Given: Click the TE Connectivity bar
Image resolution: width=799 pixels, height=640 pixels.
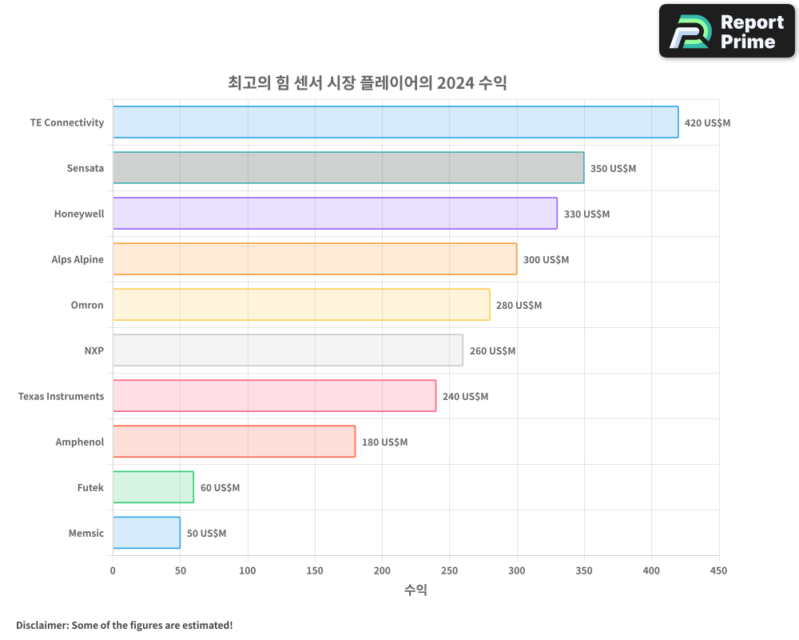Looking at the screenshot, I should tap(395, 122).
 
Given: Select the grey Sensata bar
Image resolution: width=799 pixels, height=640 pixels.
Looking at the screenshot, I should tap(348, 168).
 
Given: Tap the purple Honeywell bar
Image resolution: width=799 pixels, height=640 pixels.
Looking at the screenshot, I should tap(334, 214).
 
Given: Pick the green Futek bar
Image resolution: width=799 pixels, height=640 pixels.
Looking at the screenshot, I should tap(153, 487).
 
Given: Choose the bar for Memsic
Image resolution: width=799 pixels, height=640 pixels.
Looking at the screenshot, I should tap(146, 533).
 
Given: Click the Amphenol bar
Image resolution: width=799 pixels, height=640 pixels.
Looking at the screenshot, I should tap(233, 442).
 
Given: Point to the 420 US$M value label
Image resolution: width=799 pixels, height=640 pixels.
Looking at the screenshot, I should tap(707, 123).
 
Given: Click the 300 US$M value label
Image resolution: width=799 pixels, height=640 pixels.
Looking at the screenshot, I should tap(546, 260).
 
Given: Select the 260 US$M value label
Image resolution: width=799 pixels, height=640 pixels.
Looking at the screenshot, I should tap(492, 351).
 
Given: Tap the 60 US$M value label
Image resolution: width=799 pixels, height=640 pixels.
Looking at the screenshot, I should tap(220, 488).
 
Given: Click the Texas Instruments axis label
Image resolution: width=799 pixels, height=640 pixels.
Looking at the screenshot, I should tap(61, 397).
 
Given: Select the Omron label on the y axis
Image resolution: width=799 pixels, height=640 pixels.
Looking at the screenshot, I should tap(87, 306).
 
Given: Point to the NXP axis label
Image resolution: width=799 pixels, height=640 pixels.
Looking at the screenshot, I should tap(93, 351).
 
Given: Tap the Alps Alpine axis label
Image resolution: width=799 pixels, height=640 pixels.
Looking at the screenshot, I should tap(78, 260).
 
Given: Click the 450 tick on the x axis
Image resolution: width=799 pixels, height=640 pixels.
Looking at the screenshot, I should tap(718, 570).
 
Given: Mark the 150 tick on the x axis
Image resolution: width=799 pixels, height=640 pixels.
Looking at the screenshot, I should tap(315, 570).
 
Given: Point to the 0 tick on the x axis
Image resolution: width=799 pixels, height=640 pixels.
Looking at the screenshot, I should tap(113, 570).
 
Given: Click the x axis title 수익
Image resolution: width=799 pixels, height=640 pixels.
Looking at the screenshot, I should tap(415, 590).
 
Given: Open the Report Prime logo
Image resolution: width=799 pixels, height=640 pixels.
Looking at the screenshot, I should tap(726, 31).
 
